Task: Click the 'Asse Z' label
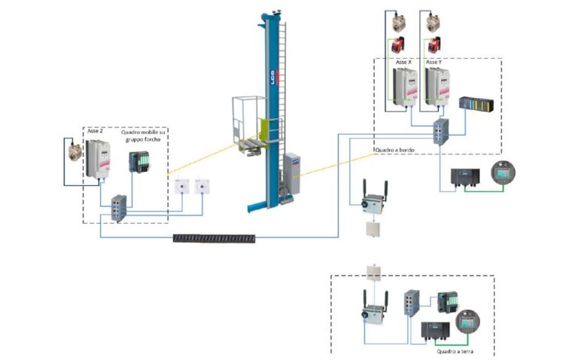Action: (95, 132)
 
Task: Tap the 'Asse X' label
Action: (404, 62)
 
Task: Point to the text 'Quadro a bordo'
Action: (394, 149)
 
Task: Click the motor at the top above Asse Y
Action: (434, 22)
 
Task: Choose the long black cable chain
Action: (215, 238)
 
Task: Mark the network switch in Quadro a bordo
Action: (440, 132)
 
